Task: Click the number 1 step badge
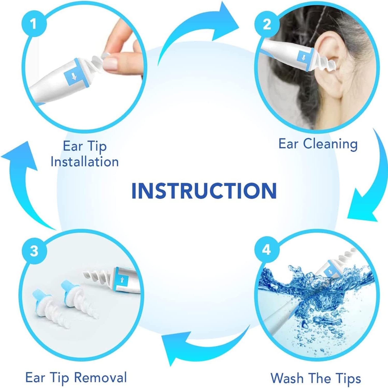click(33, 24)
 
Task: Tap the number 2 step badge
click(267, 24)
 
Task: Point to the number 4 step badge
click(266, 250)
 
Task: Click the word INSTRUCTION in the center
click(204, 191)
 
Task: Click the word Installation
click(84, 162)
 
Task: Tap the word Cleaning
click(330, 144)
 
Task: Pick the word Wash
click(287, 378)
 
